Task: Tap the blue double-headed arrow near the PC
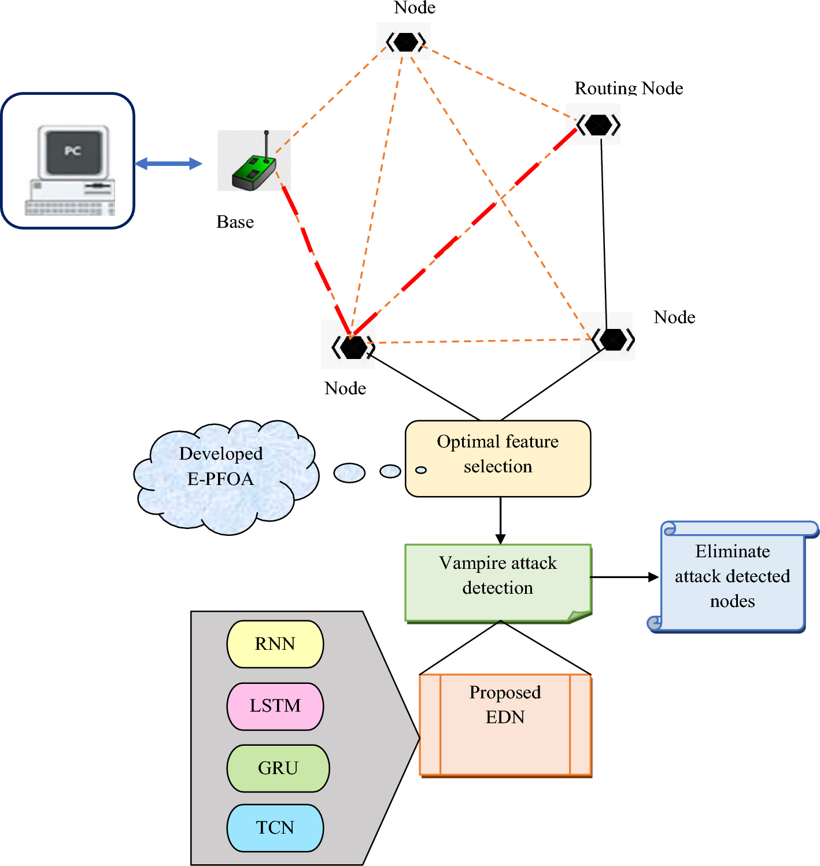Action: pos(168,164)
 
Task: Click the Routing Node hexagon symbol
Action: pos(598,124)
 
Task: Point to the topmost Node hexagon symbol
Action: pos(406,42)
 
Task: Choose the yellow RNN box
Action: pos(275,644)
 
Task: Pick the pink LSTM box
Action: pos(275,706)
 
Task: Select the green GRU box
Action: pos(278,768)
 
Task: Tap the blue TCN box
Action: pos(275,827)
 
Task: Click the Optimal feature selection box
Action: pos(498,458)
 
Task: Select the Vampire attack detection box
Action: pos(498,582)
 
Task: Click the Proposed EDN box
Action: pos(505,724)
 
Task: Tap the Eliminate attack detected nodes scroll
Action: pos(733,576)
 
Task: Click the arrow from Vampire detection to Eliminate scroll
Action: pos(625,577)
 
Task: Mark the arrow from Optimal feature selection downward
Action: pos(501,520)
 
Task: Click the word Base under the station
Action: pos(235,222)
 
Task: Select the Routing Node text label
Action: pos(629,88)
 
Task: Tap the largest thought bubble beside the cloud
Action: pos(349,473)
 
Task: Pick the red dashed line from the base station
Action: pos(315,260)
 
